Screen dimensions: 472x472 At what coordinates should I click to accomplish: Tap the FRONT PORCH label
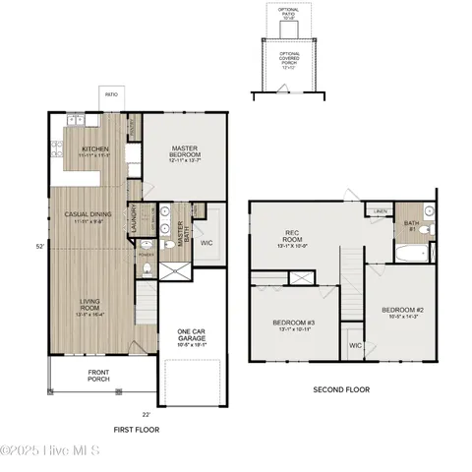[98, 375]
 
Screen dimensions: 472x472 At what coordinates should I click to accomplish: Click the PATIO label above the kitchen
[110, 96]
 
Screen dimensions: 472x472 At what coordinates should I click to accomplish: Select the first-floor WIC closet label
[206, 241]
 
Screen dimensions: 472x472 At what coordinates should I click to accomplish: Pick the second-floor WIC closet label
[355, 345]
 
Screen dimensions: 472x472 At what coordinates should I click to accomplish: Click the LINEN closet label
[380, 210]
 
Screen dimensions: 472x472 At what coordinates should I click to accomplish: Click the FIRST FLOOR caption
[136, 430]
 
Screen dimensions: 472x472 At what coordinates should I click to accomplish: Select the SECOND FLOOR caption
[341, 389]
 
